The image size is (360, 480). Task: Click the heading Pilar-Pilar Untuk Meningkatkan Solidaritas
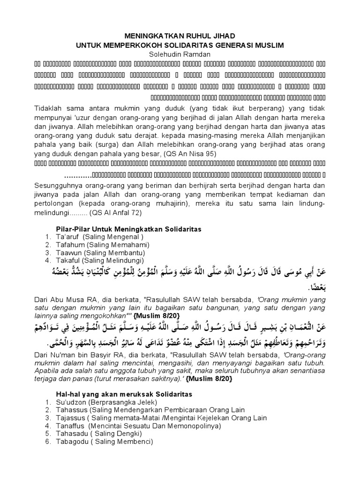click(125, 229)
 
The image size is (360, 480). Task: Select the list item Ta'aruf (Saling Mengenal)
click(89, 237)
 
